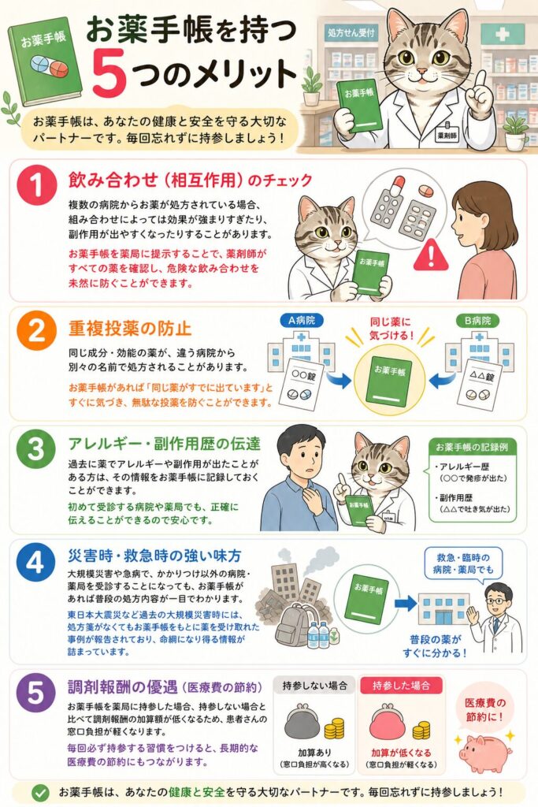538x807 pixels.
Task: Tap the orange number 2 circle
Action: click(x=36, y=330)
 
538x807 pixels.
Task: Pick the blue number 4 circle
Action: click(x=36, y=562)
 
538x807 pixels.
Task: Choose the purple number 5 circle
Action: click(x=36, y=692)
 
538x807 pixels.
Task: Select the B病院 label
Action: click(x=477, y=321)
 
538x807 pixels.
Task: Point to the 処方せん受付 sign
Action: click(x=351, y=33)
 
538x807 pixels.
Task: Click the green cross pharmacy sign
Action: click(x=502, y=34)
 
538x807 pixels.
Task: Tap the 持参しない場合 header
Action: click(x=314, y=686)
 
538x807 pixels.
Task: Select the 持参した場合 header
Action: click(x=401, y=686)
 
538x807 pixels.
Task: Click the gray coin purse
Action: click(x=302, y=722)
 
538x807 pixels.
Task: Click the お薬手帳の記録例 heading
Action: click(x=472, y=448)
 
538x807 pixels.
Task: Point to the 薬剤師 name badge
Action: click(x=446, y=136)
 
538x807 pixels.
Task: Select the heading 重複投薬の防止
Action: click(x=130, y=329)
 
